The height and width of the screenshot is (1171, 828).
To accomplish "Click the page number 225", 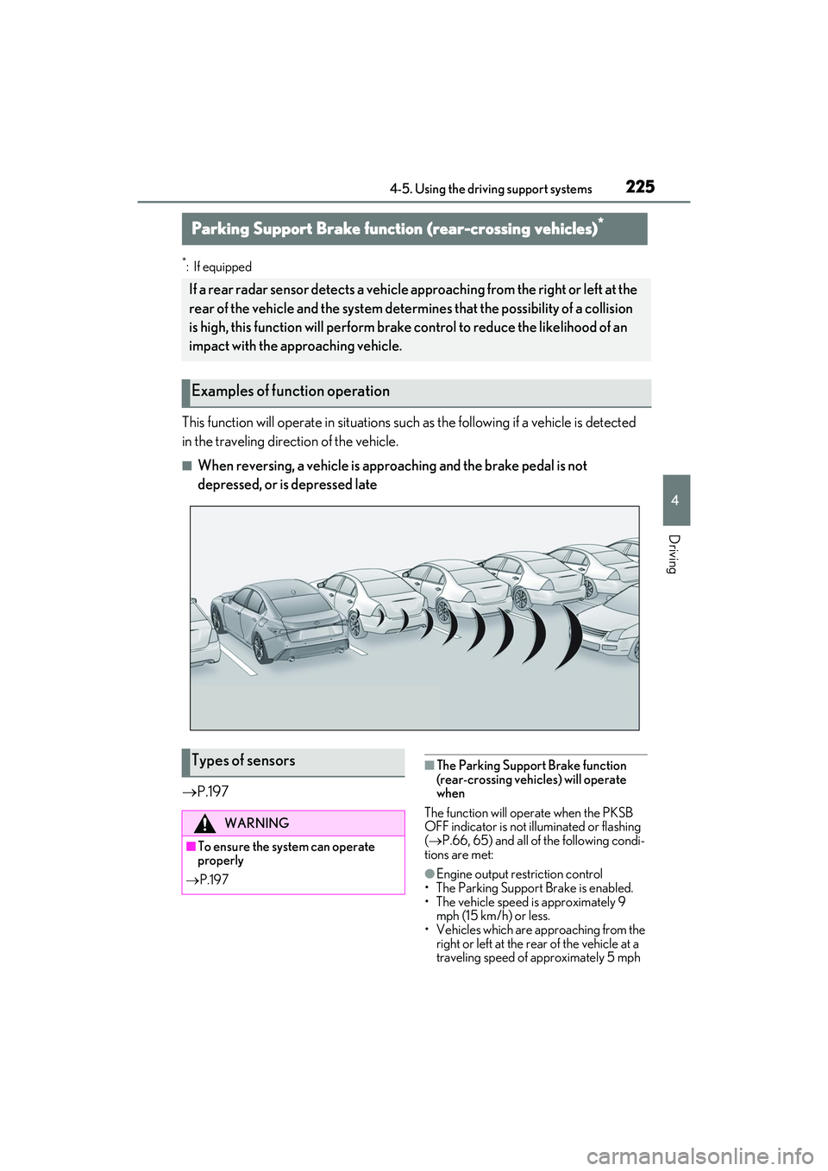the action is (x=640, y=186).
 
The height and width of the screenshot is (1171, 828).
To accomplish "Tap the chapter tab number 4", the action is (x=675, y=500).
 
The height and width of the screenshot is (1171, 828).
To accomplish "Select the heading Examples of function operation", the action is (x=290, y=391).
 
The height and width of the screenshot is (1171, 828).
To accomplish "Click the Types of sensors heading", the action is (x=243, y=761).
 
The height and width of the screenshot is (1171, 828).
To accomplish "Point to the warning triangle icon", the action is (x=205, y=823).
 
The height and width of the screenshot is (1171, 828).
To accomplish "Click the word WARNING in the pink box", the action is (x=257, y=823).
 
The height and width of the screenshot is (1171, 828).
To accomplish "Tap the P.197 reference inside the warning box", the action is (x=206, y=880).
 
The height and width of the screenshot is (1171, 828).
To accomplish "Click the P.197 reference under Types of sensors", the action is (x=205, y=792).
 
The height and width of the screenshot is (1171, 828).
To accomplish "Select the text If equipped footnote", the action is (x=223, y=267).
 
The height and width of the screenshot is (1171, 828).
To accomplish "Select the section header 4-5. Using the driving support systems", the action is (x=490, y=189).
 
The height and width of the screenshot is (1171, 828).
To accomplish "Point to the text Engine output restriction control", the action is (x=519, y=874).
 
